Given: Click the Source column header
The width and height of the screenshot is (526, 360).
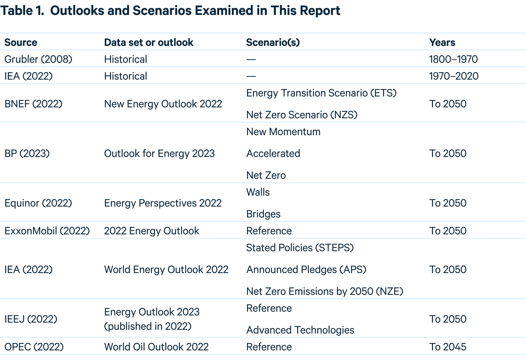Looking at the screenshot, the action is [x=21, y=43].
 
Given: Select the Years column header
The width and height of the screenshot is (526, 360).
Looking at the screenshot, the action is [x=442, y=43].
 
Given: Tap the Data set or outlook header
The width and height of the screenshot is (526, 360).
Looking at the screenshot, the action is [x=149, y=43].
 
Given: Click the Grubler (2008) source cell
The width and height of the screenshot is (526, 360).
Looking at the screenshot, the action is [x=38, y=59].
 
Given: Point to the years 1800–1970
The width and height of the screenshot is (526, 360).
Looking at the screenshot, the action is [x=453, y=59].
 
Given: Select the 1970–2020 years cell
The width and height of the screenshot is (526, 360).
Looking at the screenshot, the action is [x=453, y=76].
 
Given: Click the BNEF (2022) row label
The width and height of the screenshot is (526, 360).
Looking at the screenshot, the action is [x=33, y=104].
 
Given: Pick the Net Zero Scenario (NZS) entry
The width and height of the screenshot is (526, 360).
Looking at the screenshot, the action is [x=302, y=115].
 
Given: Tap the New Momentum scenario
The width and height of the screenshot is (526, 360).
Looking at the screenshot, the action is [x=283, y=132].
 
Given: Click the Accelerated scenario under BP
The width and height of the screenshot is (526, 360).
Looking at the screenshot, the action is [x=273, y=153].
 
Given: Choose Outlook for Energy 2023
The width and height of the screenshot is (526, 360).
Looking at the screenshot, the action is [x=159, y=154].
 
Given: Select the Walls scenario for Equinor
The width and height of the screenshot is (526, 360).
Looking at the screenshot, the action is [x=258, y=192].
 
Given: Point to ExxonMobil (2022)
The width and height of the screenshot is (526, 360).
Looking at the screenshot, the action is [x=47, y=231].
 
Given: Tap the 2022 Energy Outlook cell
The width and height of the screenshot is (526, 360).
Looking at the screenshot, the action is [x=151, y=231].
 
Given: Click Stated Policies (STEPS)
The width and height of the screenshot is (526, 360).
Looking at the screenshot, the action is [x=300, y=248].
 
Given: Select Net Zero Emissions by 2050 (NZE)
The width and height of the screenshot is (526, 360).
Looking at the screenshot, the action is [x=325, y=291].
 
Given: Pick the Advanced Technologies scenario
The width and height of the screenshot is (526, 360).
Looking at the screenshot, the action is [x=300, y=330].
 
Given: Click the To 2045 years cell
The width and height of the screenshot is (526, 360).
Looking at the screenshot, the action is [x=447, y=347].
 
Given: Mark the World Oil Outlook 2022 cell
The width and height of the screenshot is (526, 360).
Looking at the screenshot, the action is [x=156, y=347].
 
